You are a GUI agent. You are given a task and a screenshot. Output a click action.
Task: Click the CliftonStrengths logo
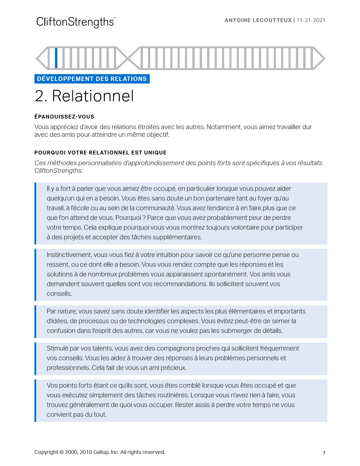76,22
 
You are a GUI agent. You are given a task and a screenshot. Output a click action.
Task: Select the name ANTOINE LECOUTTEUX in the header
258,20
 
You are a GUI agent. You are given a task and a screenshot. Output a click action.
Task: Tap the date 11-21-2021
311,20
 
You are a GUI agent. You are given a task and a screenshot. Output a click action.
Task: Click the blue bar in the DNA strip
56,58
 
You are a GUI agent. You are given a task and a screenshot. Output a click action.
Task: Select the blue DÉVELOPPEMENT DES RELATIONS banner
92,79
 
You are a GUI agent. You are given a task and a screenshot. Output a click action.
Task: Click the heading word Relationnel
93,96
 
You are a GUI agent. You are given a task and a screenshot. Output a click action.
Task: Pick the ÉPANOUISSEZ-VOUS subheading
64,117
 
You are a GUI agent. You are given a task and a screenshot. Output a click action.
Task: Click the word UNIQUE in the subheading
155,153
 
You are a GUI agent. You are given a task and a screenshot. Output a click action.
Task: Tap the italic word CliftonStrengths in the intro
58,171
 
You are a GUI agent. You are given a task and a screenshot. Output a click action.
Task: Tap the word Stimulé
57,348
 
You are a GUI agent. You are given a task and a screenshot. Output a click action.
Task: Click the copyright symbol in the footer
61,452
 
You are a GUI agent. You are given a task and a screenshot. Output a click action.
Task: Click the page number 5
324,453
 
